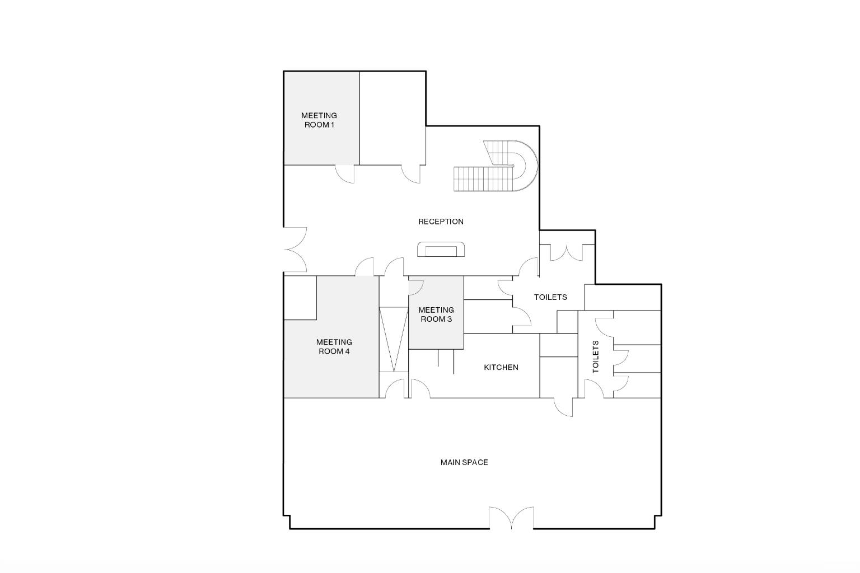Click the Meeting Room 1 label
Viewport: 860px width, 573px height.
click(x=319, y=120)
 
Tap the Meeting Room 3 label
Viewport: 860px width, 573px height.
click(x=436, y=314)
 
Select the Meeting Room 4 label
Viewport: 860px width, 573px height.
click(x=334, y=346)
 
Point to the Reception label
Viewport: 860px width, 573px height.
click(x=441, y=222)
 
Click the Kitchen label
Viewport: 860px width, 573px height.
click(x=501, y=368)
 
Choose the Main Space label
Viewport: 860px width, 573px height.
click(x=464, y=462)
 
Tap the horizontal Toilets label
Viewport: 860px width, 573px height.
click(x=550, y=297)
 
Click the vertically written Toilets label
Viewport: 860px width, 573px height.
click(x=595, y=357)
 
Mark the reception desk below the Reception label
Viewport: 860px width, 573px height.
click(x=441, y=250)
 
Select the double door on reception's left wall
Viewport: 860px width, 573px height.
click(x=295, y=250)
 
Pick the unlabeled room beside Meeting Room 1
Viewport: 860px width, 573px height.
click(x=392, y=118)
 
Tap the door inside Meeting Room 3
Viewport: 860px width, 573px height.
click(x=415, y=287)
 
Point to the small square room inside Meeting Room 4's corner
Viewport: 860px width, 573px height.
click(x=300, y=298)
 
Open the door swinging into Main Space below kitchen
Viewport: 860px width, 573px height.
click(x=564, y=407)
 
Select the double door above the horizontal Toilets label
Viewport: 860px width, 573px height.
click(x=567, y=253)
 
